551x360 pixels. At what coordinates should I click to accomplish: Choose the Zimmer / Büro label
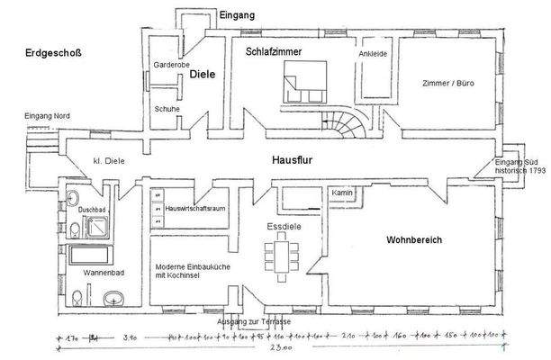(447, 83)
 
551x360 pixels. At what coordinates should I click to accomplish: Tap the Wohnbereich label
(414, 241)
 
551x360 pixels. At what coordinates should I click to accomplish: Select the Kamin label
(340, 193)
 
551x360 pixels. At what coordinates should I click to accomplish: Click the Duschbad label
(91, 209)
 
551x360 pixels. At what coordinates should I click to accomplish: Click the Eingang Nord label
(49, 116)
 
